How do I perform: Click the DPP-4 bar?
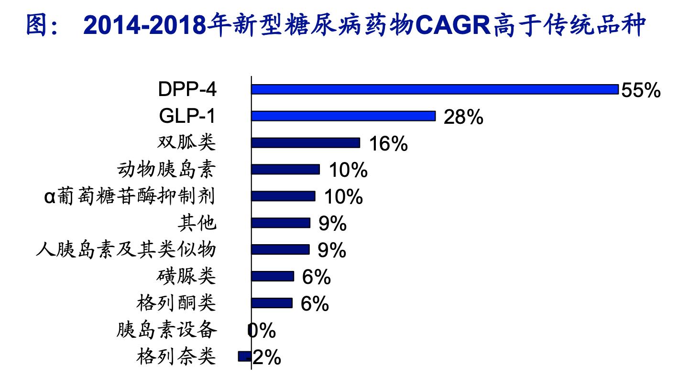[435, 89]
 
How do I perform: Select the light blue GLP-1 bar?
[343, 116]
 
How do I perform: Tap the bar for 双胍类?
[306, 143]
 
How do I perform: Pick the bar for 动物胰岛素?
[285, 170]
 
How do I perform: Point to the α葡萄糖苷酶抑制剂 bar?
[283, 196]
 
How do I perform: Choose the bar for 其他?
[281, 223]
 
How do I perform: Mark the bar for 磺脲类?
[273, 276]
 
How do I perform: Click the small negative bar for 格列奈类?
[244, 356]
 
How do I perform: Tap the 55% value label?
[641, 90]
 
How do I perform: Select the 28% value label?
[463, 117]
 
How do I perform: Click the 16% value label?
[388, 144]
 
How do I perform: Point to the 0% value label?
[262, 330]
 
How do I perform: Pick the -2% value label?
[266, 357]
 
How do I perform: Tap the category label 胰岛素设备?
[166, 330]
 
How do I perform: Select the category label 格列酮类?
[176, 303]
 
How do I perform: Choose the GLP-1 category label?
[187, 116]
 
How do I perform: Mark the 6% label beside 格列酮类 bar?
[315, 303]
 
